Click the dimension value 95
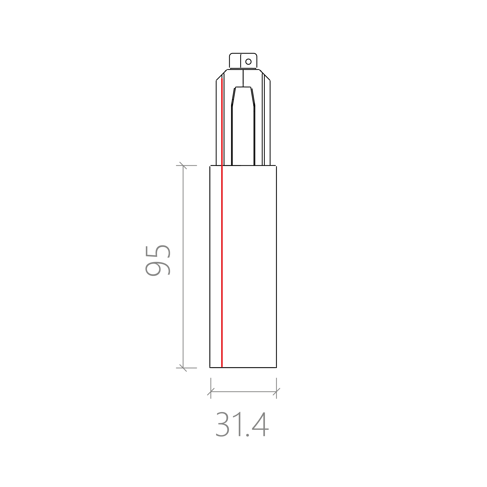(158, 261)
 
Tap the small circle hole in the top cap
(248, 62)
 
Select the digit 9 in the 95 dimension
(158, 269)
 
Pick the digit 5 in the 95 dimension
(158, 252)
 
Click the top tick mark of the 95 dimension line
(183, 166)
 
